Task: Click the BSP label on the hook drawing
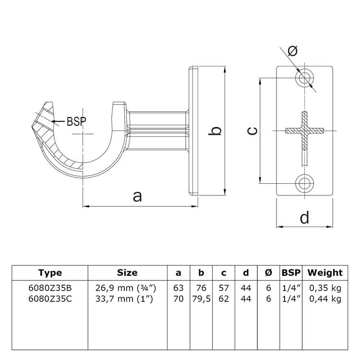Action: coord(76,122)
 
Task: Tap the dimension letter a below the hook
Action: coord(137,196)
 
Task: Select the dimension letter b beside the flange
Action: coord(217,131)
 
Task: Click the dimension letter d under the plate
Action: coord(304,218)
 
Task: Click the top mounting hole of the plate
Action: coord(305,78)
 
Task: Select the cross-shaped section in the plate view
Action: coord(305,131)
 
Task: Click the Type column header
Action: coord(50,273)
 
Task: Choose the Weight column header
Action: coord(325,273)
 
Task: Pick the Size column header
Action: coord(127,273)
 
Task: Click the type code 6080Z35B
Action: coord(50,288)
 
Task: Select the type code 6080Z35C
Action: coord(50,299)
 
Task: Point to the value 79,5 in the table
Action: coord(201,299)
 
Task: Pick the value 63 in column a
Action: coord(179,288)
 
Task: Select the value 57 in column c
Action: coord(224,288)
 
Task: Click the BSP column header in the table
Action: coord(291,273)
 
